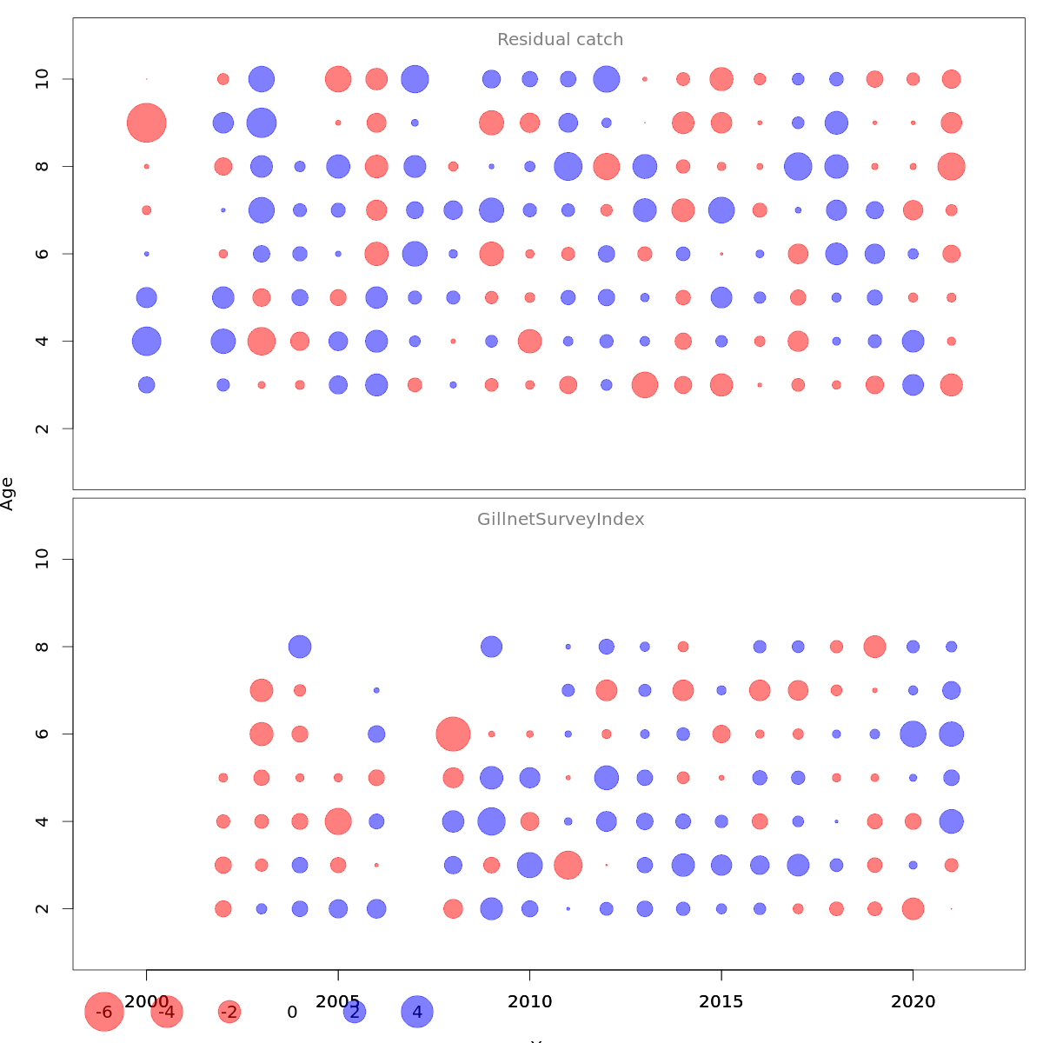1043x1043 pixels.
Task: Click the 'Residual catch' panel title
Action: click(x=560, y=40)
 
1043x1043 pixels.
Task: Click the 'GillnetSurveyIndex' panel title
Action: click(x=561, y=520)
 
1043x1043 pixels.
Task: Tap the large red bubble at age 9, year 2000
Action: click(x=147, y=123)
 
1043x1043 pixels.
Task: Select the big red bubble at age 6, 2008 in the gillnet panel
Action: click(x=453, y=734)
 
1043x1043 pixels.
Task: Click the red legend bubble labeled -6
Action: click(x=104, y=1012)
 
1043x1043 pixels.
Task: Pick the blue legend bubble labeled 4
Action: click(x=417, y=1012)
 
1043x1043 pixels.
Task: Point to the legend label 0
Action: click(x=292, y=1012)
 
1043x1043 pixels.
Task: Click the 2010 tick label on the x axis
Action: click(x=529, y=1001)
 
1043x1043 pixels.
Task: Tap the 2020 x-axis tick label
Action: click(x=913, y=1001)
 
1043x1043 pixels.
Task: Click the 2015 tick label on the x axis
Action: click(x=721, y=1001)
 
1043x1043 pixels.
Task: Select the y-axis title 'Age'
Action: click(x=8, y=493)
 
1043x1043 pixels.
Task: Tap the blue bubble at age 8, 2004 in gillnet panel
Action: click(x=300, y=647)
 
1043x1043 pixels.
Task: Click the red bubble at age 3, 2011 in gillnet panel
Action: click(x=568, y=865)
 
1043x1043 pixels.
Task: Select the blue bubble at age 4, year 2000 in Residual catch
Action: click(x=147, y=341)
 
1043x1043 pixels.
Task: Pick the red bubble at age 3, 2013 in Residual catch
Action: click(x=645, y=384)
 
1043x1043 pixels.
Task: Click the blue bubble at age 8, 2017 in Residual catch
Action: click(x=798, y=166)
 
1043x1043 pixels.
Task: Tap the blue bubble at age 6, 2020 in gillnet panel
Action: click(x=913, y=734)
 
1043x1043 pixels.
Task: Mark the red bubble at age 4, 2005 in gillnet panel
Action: click(x=338, y=821)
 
